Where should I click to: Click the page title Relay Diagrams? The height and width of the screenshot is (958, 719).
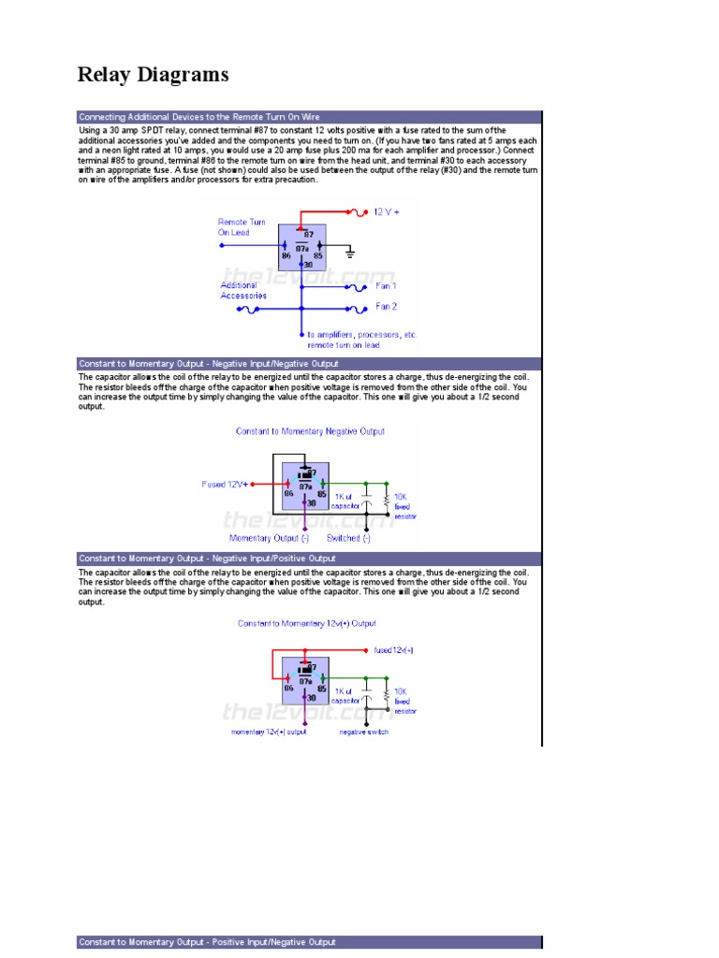point(153,75)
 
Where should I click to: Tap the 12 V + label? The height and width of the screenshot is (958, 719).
point(386,212)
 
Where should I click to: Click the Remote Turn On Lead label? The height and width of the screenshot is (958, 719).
point(241,227)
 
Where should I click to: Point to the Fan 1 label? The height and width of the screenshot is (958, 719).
point(386,286)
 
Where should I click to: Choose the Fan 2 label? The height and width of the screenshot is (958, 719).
point(386,306)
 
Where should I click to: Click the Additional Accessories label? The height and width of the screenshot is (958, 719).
point(243,290)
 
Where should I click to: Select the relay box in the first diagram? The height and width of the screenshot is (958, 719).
point(301,246)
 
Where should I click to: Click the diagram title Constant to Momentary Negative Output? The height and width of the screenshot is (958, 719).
point(309,431)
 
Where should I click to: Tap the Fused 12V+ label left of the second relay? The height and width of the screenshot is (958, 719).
point(226,485)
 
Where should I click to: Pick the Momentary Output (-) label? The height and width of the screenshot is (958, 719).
point(270,538)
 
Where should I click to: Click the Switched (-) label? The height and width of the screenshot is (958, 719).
point(348,538)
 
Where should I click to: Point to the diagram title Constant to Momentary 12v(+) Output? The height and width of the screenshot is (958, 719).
point(307,623)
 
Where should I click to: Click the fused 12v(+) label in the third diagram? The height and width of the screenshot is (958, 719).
point(393,649)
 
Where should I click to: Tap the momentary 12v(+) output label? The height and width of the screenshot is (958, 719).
point(269,732)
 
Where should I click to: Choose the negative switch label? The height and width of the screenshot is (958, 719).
point(363,732)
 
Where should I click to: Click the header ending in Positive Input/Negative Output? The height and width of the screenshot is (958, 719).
point(207,942)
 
